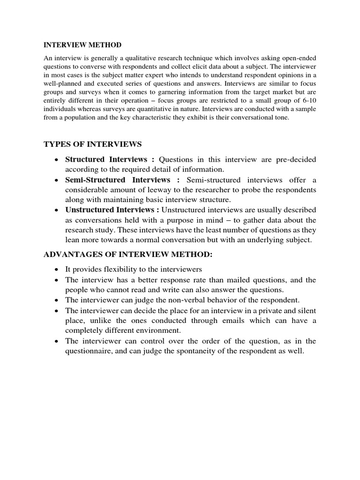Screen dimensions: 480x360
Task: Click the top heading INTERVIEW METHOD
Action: tap(82, 45)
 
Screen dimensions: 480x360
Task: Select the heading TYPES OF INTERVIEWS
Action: tap(92, 143)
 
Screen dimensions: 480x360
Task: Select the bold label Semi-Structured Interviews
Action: tap(117, 180)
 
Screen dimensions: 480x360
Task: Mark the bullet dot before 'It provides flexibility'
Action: tap(56, 270)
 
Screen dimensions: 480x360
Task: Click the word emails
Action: tap(229, 321)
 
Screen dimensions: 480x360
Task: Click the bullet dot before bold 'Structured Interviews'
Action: tap(56, 160)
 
